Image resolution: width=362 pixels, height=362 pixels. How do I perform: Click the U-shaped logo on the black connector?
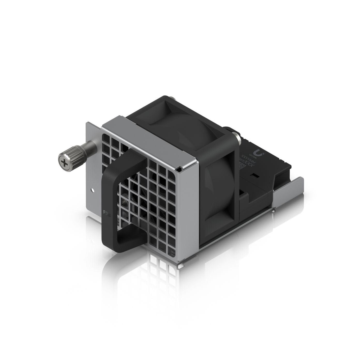click(x=258, y=152)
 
